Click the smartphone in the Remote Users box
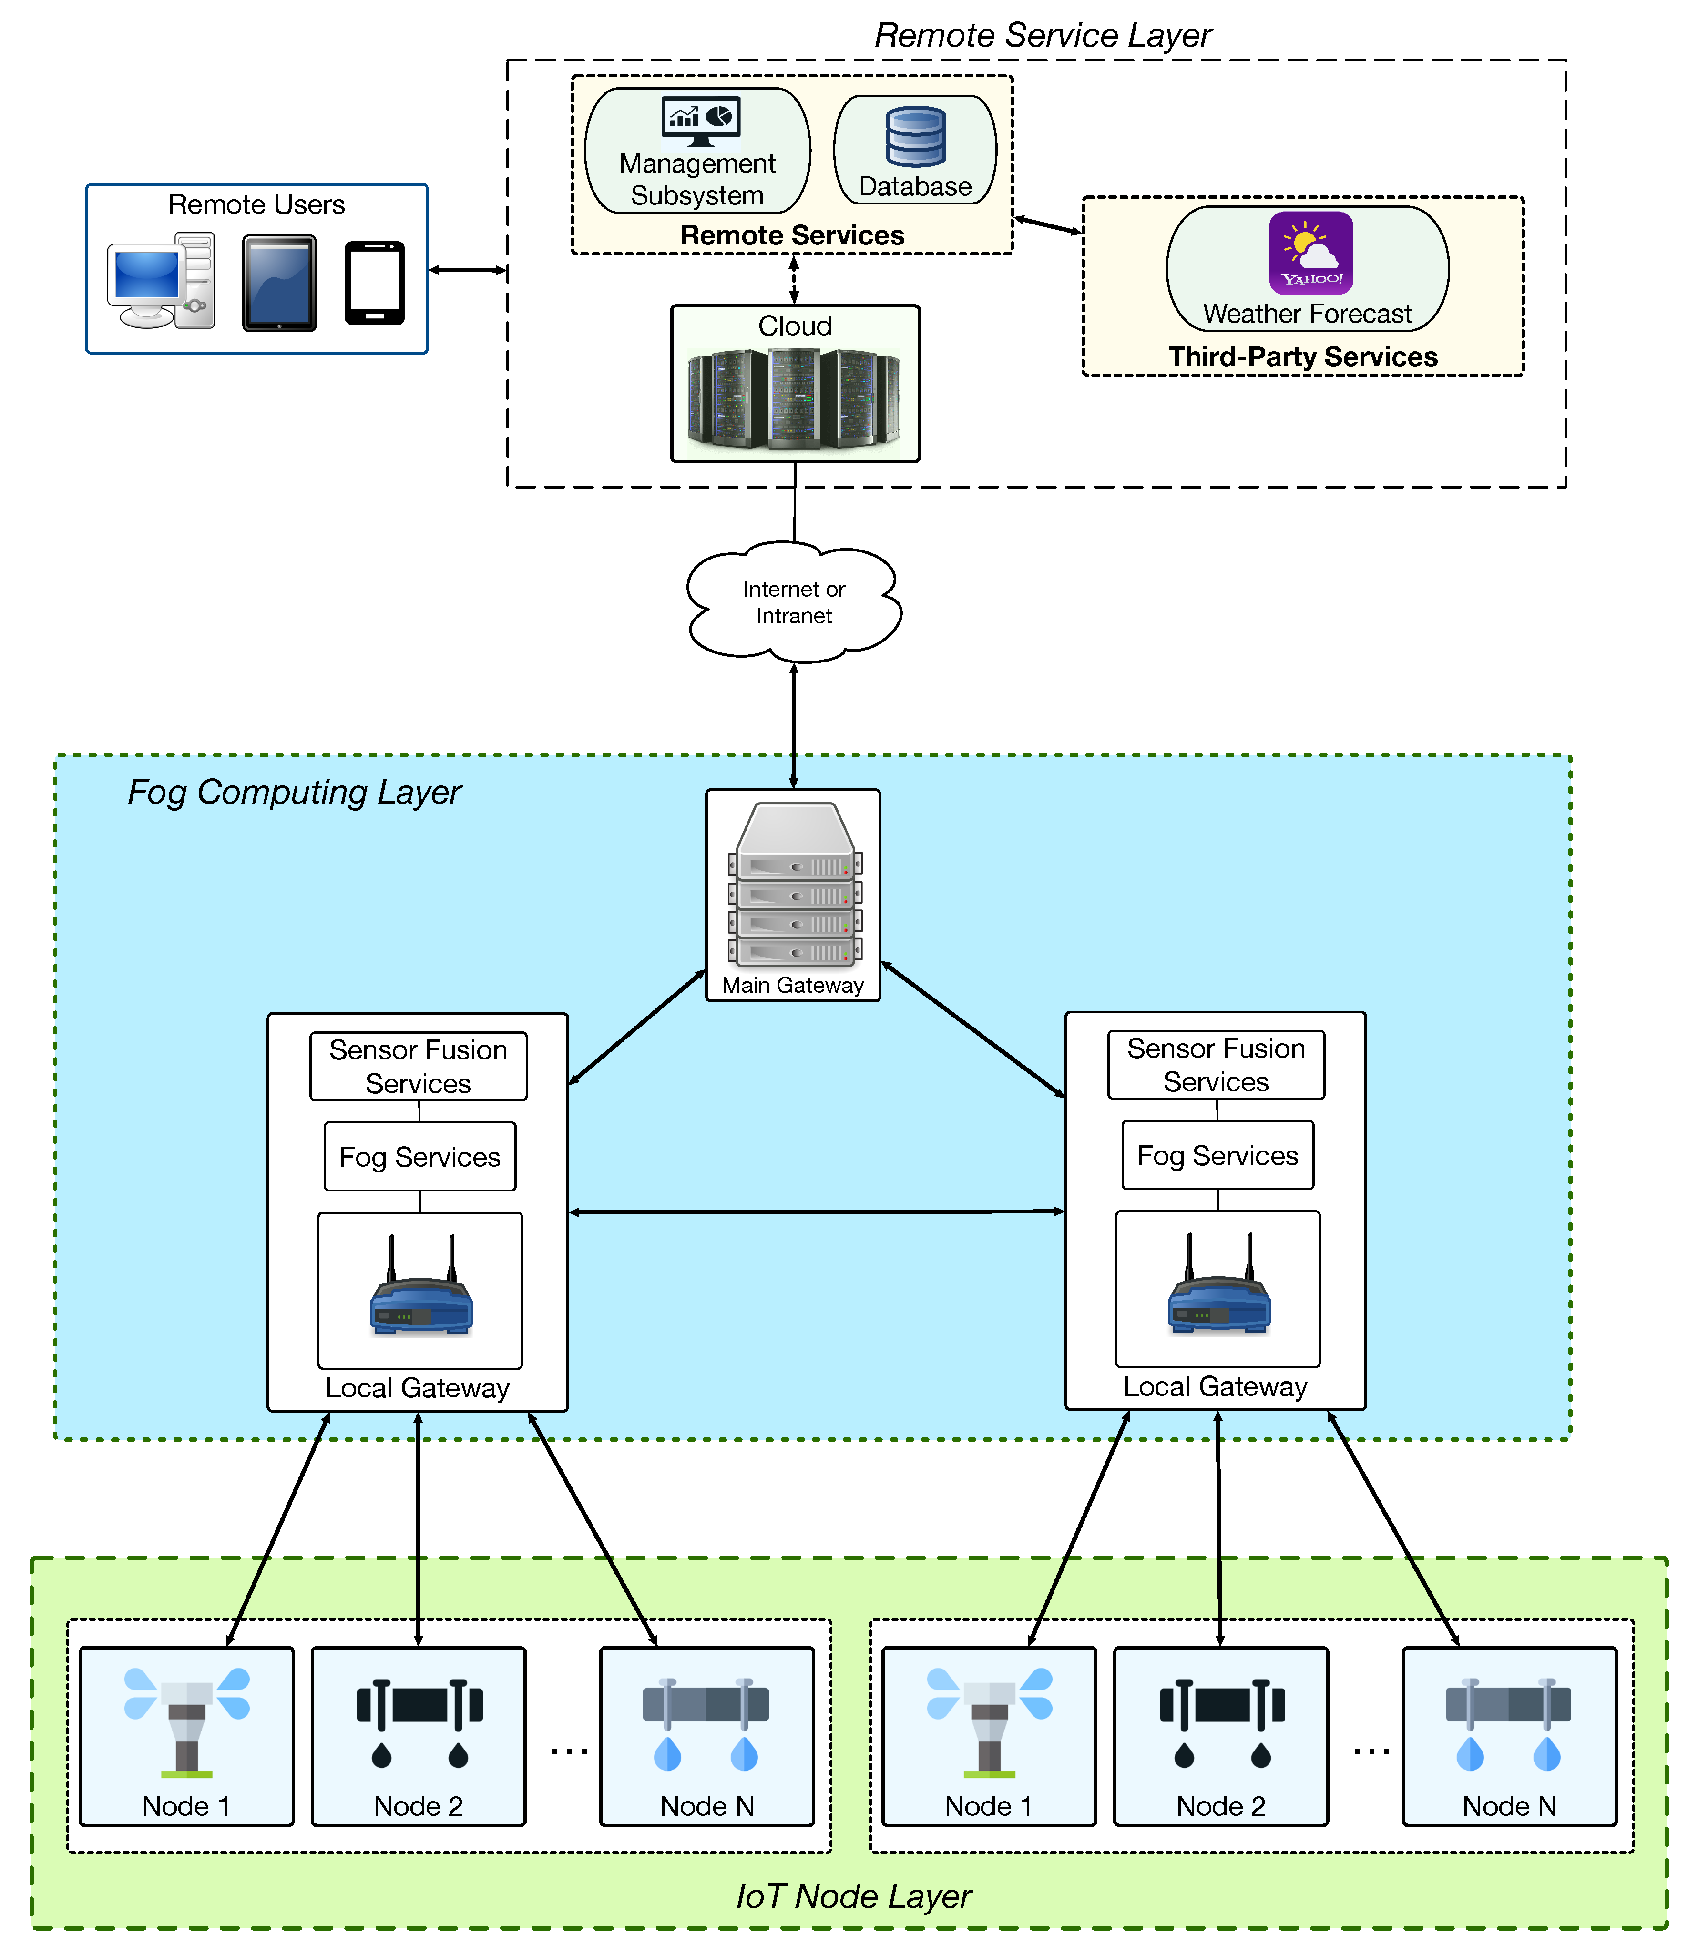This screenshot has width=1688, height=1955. click(x=375, y=283)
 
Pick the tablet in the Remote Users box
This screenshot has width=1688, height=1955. click(x=279, y=283)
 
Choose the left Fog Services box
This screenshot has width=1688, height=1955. click(x=420, y=1157)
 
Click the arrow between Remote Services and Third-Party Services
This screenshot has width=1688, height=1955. click(x=1047, y=225)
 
